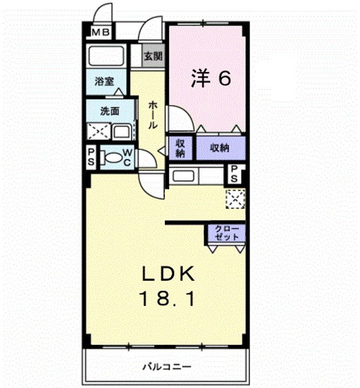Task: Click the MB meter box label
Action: pos(101,32)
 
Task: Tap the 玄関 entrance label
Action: pos(154,56)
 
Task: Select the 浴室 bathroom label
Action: pos(104,81)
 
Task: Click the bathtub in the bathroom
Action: pos(106,56)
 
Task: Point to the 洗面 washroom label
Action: pos(109,112)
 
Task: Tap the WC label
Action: pos(127,157)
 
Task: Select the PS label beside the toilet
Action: pos(91,157)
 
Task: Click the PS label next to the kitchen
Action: pos(234,174)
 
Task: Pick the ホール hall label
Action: pos(153,115)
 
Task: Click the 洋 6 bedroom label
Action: pos(211,78)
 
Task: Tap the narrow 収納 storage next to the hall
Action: pos(181,148)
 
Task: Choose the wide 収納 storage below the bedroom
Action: pos(220,148)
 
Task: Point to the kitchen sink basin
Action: pos(183,176)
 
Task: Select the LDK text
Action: pos(168,273)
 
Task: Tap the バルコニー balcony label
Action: pos(167,366)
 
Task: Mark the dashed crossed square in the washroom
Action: pos(99,131)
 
